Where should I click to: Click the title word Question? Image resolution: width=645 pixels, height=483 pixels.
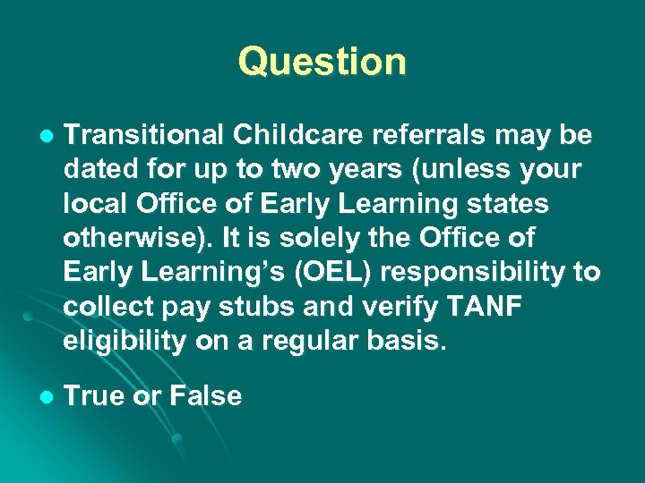tap(322, 62)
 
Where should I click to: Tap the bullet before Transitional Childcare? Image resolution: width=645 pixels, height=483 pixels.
tap(47, 137)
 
